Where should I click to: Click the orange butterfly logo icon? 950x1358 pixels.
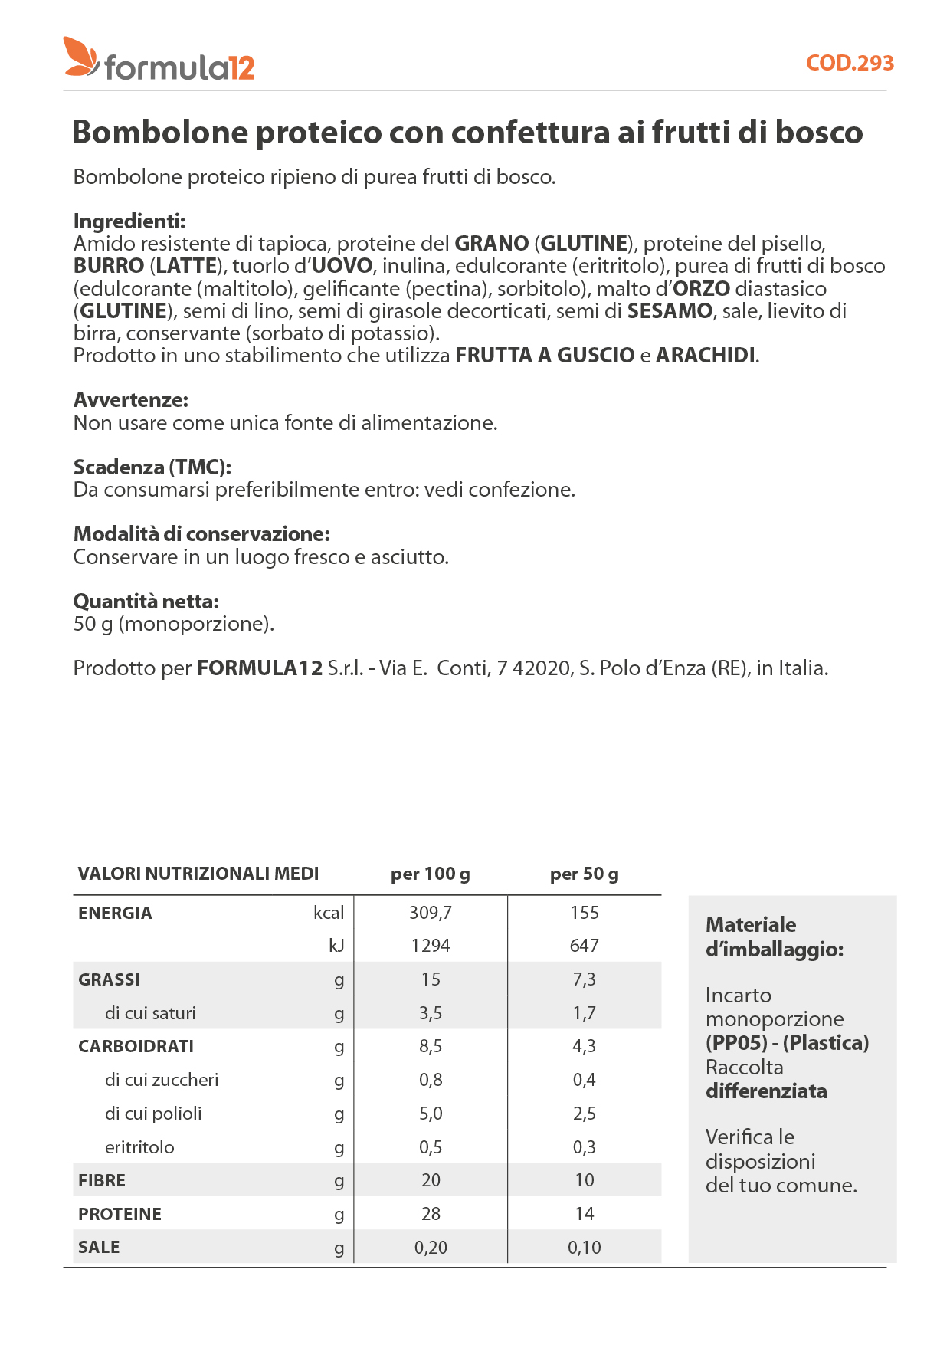[80, 57]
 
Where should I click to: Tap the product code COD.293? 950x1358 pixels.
[850, 63]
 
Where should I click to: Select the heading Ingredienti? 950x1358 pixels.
[129, 221]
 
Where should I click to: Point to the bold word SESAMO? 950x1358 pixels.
[670, 311]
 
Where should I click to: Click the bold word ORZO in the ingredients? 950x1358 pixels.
[701, 289]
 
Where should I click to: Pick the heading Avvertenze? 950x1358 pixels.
[131, 400]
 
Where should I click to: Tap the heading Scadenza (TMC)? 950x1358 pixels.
[152, 467]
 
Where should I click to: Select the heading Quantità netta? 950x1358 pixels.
[146, 602]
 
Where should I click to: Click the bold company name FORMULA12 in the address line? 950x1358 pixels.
[260, 668]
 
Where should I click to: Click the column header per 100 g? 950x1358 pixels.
[431, 874]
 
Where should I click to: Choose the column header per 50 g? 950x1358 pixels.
[584, 874]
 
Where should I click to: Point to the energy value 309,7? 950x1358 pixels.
[431, 913]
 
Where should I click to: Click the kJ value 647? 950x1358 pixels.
[584, 946]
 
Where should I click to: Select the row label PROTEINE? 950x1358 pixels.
[120, 1214]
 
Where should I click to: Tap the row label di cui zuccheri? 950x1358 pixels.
[162, 1080]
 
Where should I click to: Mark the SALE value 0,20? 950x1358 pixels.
[431, 1248]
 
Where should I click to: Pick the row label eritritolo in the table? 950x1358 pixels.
[139, 1147]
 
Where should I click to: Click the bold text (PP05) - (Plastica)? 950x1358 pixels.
[787, 1043]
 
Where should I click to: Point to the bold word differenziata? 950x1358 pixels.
[766, 1091]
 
